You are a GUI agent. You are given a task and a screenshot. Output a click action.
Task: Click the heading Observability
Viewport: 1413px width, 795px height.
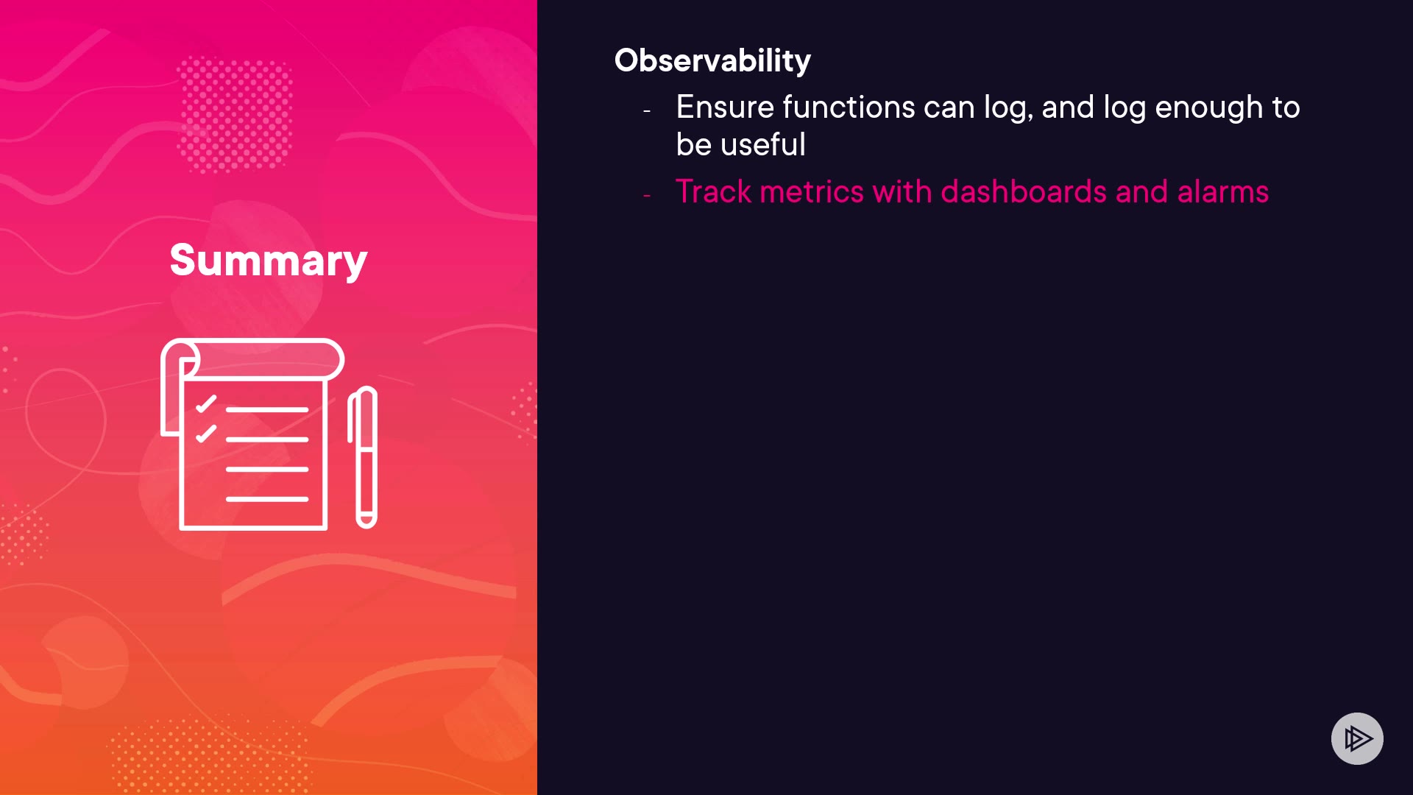tap(712, 60)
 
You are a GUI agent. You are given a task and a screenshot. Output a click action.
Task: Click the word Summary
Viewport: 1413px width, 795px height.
tap(269, 261)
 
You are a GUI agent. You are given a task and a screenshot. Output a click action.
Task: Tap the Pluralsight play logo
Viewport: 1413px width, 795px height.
tap(1357, 738)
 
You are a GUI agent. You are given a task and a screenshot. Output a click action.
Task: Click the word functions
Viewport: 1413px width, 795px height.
tap(849, 107)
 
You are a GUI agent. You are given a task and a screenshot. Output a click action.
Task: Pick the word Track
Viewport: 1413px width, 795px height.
tap(713, 192)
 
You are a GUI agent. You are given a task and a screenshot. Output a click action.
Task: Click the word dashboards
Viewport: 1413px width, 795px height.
tap(1024, 192)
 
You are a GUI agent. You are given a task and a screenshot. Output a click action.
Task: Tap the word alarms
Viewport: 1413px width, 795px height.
tap(1223, 192)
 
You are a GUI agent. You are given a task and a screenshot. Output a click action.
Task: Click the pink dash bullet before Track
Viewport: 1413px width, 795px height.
tap(647, 196)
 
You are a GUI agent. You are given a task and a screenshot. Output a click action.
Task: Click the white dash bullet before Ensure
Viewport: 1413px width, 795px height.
tap(647, 111)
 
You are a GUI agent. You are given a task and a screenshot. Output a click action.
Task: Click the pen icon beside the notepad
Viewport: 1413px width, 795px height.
tap(363, 457)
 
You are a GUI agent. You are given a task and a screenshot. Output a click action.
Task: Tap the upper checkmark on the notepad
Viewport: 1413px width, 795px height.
tap(206, 404)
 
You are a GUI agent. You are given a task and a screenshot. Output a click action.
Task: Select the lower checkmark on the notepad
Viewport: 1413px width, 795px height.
tap(206, 434)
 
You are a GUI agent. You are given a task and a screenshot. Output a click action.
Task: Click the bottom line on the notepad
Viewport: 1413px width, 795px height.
tap(267, 499)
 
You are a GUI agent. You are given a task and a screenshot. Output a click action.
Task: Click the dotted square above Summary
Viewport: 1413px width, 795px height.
tap(235, 115)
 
